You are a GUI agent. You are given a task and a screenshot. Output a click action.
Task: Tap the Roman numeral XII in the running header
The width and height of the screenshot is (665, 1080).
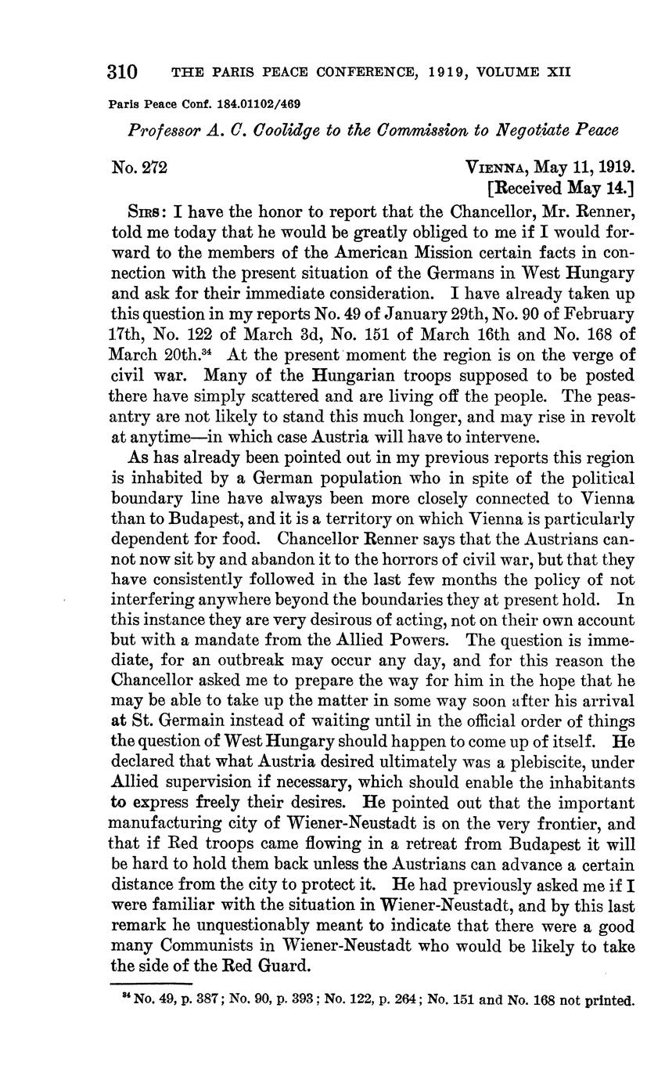(559, 73)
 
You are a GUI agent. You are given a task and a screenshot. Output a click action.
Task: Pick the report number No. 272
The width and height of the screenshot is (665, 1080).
(139, 167)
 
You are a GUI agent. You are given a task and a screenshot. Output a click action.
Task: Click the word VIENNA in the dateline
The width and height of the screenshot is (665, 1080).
(498, 168)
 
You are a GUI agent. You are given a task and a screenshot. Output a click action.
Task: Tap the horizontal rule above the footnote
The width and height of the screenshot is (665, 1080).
(152, 983)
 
